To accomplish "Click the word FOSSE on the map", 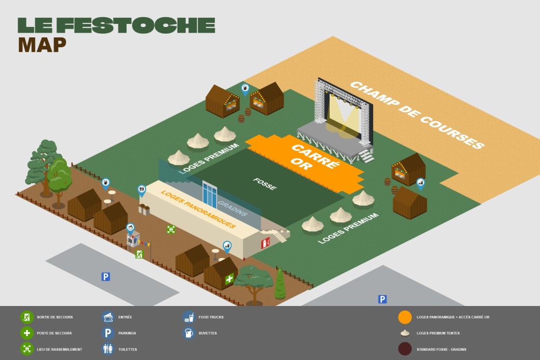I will (265, 184).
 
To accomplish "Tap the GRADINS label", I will (232, 208).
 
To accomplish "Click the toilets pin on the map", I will (142, 190).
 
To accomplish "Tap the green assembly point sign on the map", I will (171, 229).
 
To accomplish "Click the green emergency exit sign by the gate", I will (139, 254).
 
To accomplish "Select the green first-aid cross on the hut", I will (230, 279).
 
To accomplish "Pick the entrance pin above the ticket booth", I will (130, 228).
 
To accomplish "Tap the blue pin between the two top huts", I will (245, 88).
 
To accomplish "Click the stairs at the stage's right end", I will (367, 156).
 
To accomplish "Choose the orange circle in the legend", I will (405, 317).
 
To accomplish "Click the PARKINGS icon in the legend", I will (108, 333).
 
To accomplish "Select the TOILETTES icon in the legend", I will (108, 349).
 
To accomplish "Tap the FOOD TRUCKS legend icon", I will (188, 317).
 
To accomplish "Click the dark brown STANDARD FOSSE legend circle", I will (405, 349).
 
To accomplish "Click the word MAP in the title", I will (42, 45).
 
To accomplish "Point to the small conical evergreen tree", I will (280, 285).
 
